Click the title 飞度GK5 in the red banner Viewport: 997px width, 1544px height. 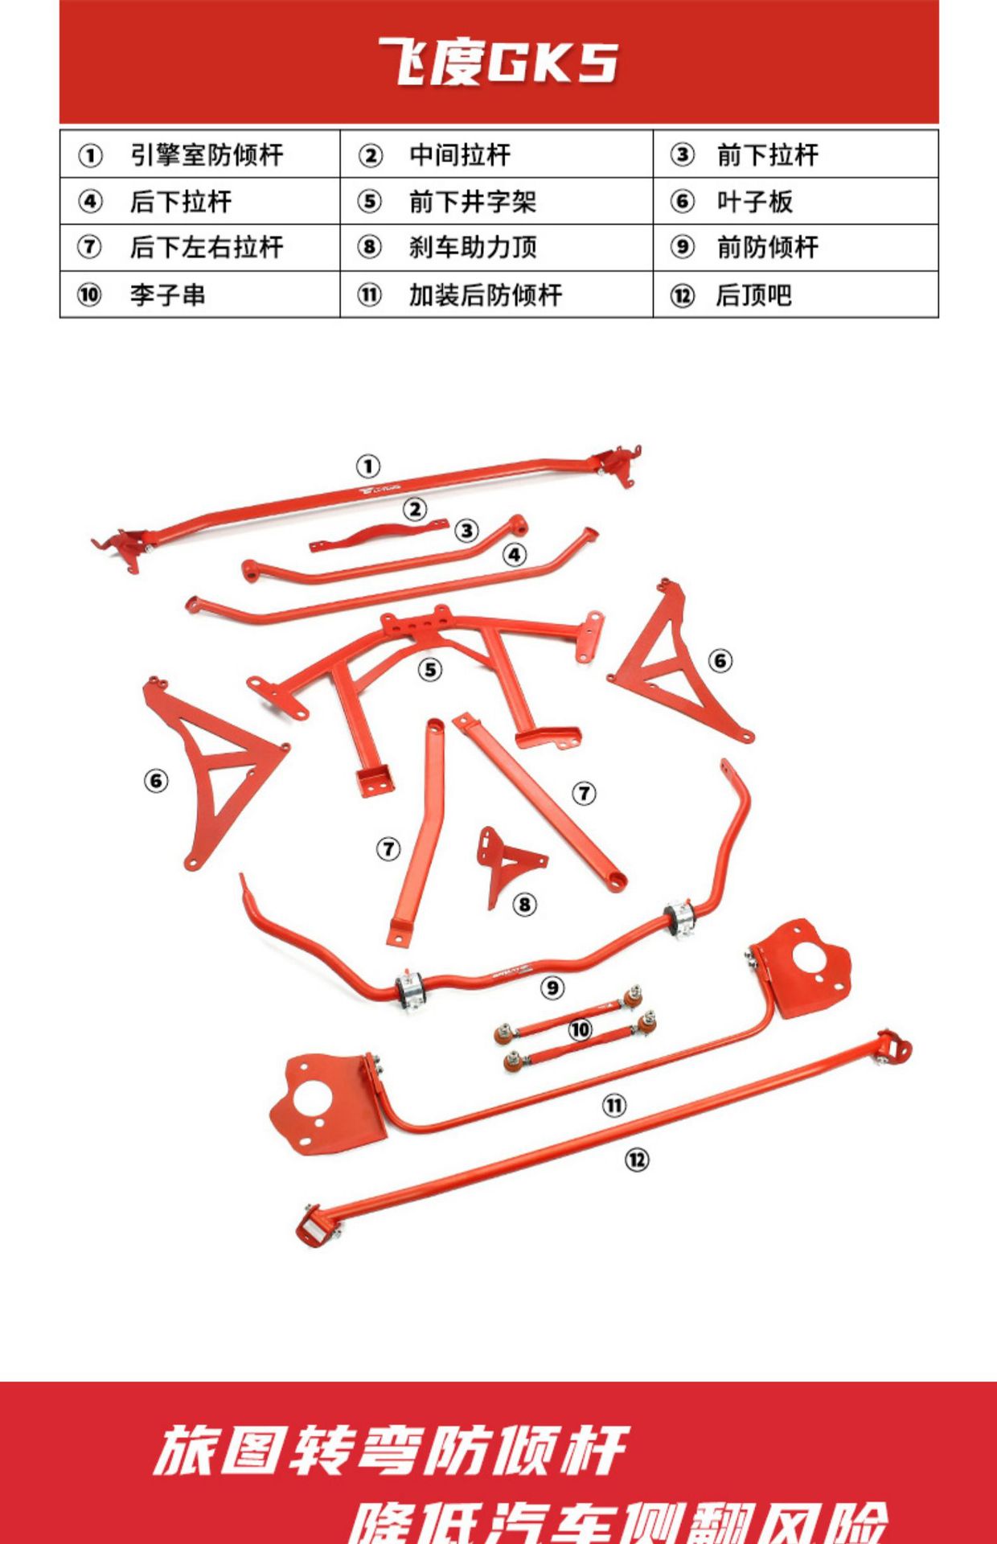point(498,62)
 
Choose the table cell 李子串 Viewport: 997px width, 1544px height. point(167,294)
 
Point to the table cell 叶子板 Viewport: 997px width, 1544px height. point(754,201)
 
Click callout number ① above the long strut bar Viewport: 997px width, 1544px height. point(367,466)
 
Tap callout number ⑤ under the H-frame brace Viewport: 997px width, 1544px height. point(430,669)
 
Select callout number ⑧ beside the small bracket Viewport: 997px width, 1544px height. point(524,905)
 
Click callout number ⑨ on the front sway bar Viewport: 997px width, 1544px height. point(552,988)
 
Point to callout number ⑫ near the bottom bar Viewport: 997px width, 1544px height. point(637,1159)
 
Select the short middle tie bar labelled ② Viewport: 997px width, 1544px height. point(378,536)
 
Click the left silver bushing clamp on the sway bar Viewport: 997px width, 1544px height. point(409,989)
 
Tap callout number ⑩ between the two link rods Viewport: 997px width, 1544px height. point(580,1029)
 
